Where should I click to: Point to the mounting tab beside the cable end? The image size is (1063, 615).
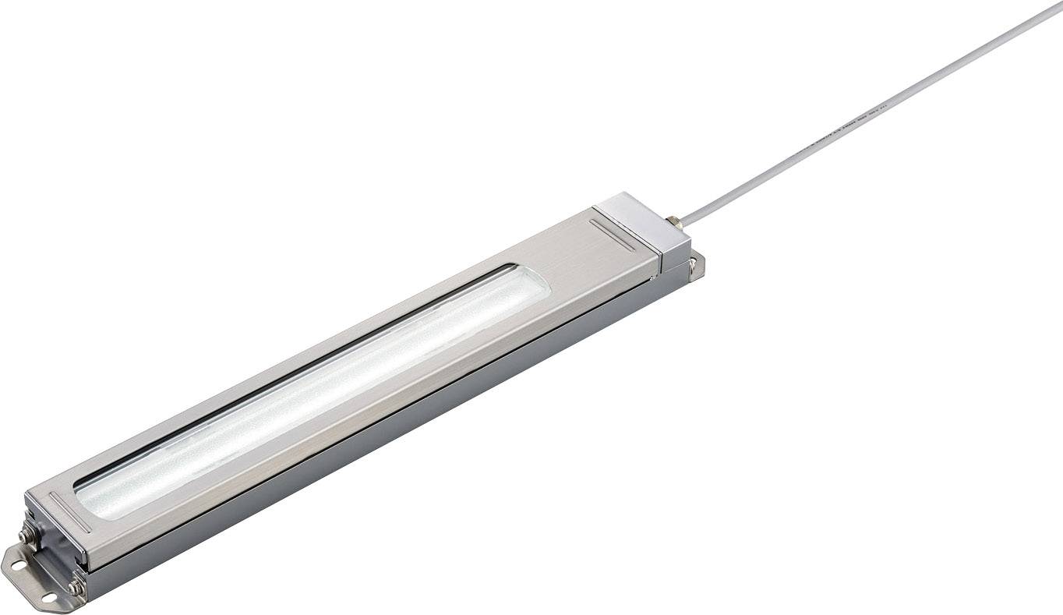click(x=696, y=265)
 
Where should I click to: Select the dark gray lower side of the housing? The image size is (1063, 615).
click(x=390, y=437)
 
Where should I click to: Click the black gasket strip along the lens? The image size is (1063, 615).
click(x=296, y=366)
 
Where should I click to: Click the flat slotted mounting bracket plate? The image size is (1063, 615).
click(x=31, y=577)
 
